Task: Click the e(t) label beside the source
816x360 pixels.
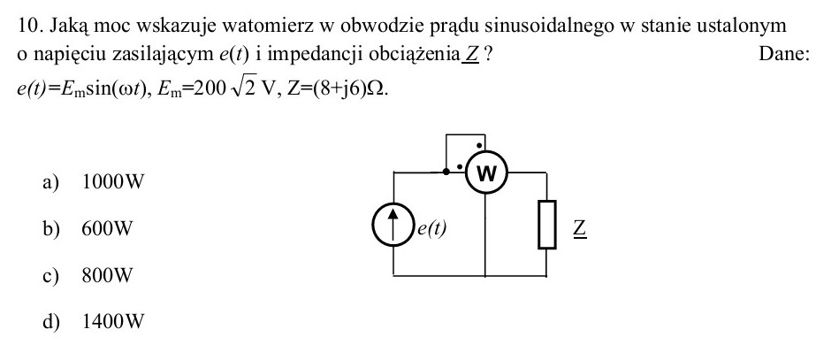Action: [x=432, y=228]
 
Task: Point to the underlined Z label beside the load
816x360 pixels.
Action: [x=580, y=228]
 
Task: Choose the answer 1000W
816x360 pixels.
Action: [x=113, y=182]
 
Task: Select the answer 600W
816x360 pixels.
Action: [x=107, y=229]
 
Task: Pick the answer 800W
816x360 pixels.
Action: [x=107, y=275]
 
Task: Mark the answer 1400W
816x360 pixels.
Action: [x=113, y=321]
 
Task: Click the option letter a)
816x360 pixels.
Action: [x=51, y=182]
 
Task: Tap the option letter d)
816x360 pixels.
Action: [x=51, y=321]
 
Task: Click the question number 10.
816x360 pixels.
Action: [x=31, y=26]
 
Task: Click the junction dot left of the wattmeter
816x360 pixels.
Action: [x=446, y=172]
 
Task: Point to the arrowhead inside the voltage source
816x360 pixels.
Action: [x=393, y=212]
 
